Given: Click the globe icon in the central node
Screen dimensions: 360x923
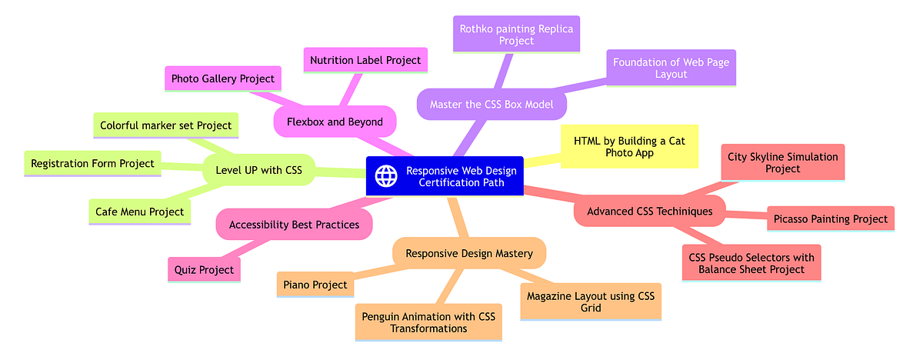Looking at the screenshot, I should [x=385, y=176].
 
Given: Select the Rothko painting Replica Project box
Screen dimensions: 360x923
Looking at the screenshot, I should [x=515, y=34].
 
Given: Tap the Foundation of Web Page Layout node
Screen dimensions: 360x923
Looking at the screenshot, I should [x=671, y=68].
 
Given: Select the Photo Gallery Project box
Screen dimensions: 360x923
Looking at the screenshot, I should [x=223, y=78].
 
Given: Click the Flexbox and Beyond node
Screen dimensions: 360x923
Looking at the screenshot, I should [x=335, y=121].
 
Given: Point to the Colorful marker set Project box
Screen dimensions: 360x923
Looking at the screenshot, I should [x=165, y=125].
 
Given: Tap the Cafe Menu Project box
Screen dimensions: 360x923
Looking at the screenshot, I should [x=139, y=211].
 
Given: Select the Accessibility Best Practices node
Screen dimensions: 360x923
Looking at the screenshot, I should [x=294, y=225].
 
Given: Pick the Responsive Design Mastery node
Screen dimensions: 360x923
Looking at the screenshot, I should [x=468, y=252].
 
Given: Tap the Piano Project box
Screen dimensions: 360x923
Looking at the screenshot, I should [x=315, y=284].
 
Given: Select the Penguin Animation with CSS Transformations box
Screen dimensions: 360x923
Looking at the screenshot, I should [x=429, y=321].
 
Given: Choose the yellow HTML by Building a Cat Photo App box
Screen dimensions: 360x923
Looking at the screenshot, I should [x=629, y=146].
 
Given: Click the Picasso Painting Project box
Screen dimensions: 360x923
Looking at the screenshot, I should [x=831, y=218].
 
